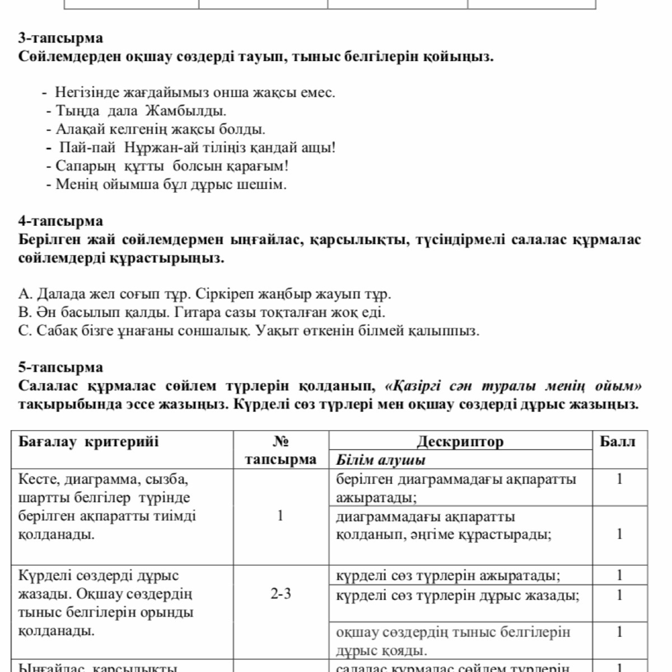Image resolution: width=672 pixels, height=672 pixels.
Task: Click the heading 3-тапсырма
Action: (x=60, y=38)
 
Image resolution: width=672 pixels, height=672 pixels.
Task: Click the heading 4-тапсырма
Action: (x=60, y=221)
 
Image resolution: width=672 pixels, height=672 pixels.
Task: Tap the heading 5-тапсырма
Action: (x=60, y=367)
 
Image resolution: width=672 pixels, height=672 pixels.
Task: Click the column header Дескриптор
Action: (x=460, y=441)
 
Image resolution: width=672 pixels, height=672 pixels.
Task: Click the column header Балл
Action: (x=618, y=441)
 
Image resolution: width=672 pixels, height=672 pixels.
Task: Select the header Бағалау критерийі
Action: (x=88, y=441)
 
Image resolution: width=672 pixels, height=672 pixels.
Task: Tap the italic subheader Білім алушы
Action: (x=381, y=460)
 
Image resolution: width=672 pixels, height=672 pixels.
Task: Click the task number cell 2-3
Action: (x=280, y=594)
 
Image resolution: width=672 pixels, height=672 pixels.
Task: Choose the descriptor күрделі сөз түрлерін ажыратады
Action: (x=448, y=575)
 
